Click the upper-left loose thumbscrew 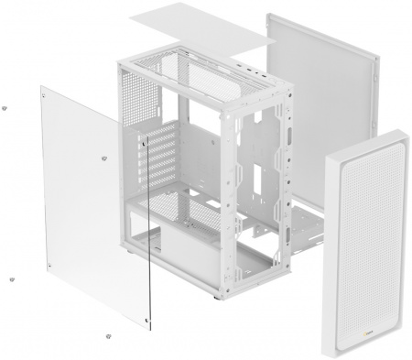[7, 107]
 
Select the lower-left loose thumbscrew [11, 280]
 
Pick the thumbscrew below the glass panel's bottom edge [109, 336]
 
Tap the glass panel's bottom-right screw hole [148, 320]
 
